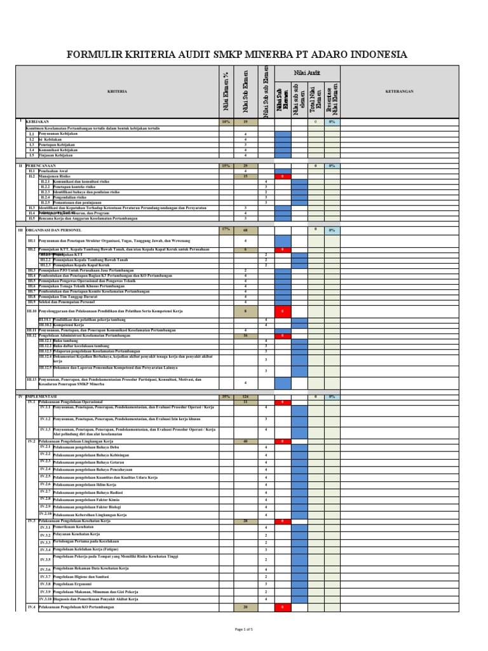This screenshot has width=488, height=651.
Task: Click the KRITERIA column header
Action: pyautogui.click(x=116, y=91)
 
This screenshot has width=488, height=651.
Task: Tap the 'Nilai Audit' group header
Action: pyautogui.click(x=307, y=73)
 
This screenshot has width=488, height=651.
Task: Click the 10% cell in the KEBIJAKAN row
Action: pyautogui.click(x=226, y=121)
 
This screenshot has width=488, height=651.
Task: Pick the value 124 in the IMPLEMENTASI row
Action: pyautogui.click(x=245, y=397)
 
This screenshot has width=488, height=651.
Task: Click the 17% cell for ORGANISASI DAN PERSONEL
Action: pyautogui.click(x=226, y=229)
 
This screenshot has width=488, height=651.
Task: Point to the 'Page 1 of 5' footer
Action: pyautogui.click(x=243, y=629)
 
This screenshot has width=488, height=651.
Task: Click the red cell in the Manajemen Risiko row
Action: pyautogui.click(x=283, y=176)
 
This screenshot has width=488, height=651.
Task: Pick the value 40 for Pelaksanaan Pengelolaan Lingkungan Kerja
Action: pyautogui.click(x=245, y=441)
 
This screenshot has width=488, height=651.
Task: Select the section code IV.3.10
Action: pyautogui.click(x=45, y=599)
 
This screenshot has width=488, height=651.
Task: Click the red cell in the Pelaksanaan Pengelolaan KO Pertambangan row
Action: pyautogui.click(x=283, y=608)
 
